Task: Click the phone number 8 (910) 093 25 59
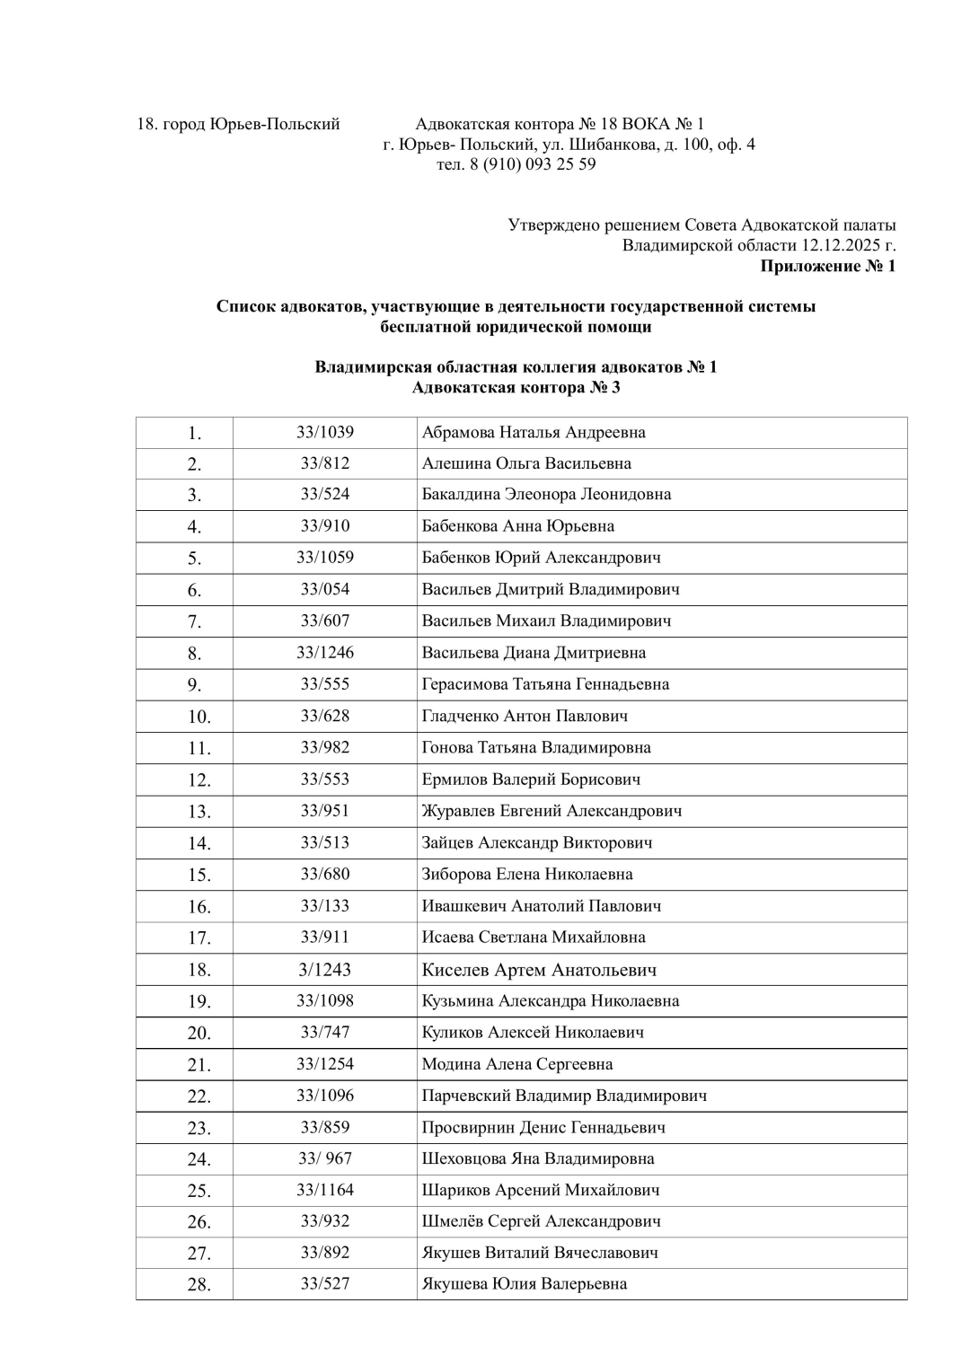532,164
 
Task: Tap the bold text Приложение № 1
827,266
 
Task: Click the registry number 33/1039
325,432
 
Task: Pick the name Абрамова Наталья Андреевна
534,432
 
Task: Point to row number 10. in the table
199,717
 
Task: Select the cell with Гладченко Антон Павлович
525,716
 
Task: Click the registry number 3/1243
325,970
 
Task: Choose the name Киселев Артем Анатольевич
539,970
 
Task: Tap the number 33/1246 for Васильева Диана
325,653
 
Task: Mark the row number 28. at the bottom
199,1285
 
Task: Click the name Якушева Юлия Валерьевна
525,1284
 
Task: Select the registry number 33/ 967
325,1158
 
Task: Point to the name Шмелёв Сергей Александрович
542,1221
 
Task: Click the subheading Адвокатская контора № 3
516,388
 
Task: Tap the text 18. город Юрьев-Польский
238,124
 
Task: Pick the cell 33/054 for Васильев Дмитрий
325,589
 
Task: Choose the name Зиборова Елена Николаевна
527,874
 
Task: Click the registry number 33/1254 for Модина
325,1064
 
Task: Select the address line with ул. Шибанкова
569,144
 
